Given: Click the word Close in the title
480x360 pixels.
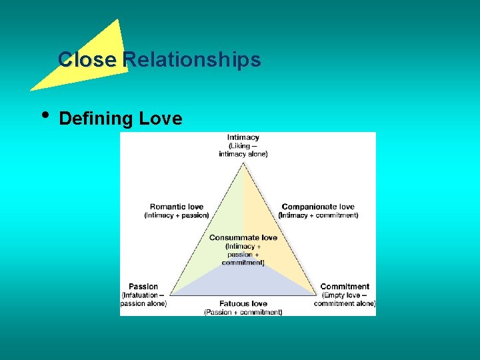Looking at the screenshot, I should pyautogui.click(x=87, y=60).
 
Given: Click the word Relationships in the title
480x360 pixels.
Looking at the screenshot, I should pyautogui.click(x=192, y=60).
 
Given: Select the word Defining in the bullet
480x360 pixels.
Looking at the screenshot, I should pyautogui.click(x=96, y=119).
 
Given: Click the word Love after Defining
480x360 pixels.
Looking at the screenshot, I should pyautogui.click(x=161, y=119).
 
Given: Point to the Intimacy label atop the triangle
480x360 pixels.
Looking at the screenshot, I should pyautogui.click(x=243, y=137).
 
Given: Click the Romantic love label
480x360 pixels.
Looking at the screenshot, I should pyautogui.click(x=177, y=207).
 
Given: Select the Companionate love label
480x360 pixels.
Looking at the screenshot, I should pyautogui.click(x=318, y=207).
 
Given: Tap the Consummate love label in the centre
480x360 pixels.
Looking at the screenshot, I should pyautogui.click(x=243, y=238).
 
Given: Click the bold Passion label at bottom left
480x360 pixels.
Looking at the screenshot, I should pyautogui.click(x=143, y=287).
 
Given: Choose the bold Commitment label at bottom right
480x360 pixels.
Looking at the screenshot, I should pyautogui.click(x=345, y=287).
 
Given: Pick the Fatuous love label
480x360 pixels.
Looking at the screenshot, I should pyautogui.click(x=243, y=303).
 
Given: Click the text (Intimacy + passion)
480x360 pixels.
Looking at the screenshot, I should pyautogui.click(x=177, y=215).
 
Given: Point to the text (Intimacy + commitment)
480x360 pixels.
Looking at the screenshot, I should pyautogui.click(x=319, y=215).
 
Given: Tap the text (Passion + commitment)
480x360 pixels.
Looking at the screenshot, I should pyautogui.click(x=243, y=312).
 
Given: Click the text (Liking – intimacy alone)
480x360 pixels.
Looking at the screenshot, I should pyautogui.click(x=243, y=150).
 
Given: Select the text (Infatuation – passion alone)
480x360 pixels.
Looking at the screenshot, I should pyautogui.click(x=143, y=299).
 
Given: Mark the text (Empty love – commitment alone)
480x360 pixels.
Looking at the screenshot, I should pyautogui.click(x=345, y=299).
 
